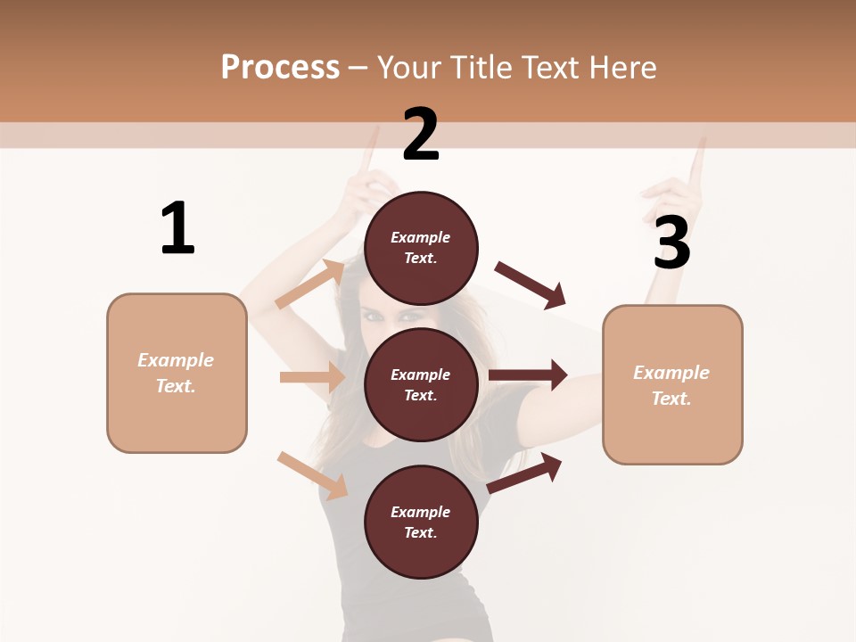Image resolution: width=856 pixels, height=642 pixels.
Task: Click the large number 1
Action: click(x=177, y=228)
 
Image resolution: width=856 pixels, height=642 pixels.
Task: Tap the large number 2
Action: click(x=421, y=135)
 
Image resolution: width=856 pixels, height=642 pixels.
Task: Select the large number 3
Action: click(x=671, y=243)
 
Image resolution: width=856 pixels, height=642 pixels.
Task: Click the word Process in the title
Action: click(x=280, y=67)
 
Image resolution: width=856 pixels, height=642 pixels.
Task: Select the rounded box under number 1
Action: click(x=177, y=373)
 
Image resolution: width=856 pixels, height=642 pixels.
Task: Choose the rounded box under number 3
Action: click(x=672, y=385)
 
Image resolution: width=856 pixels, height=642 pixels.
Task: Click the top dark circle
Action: click(x=421, y=248)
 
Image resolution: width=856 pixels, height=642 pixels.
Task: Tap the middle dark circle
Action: click(x=421, y=384)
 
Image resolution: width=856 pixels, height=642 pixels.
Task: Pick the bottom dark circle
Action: click(x=421, y=522)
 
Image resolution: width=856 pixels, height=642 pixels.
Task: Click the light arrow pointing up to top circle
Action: click(x=311, y=284)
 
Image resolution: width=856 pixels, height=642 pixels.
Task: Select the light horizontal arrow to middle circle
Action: click(x=312, y=377)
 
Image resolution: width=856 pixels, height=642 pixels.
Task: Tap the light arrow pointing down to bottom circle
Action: click(x=312, y=475)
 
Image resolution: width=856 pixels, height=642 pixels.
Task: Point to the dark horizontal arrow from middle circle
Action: click(x=528, y=375)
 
